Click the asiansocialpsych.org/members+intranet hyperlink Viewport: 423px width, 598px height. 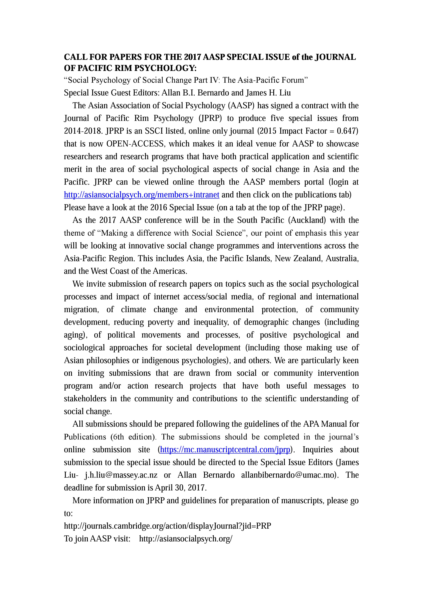pyautogui.click(x=142, y=195)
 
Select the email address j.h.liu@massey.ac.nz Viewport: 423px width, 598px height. pyautogui.click(x=121, y=475)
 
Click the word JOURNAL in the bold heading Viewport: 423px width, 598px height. pyautogui.click(x=336, y=57)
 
